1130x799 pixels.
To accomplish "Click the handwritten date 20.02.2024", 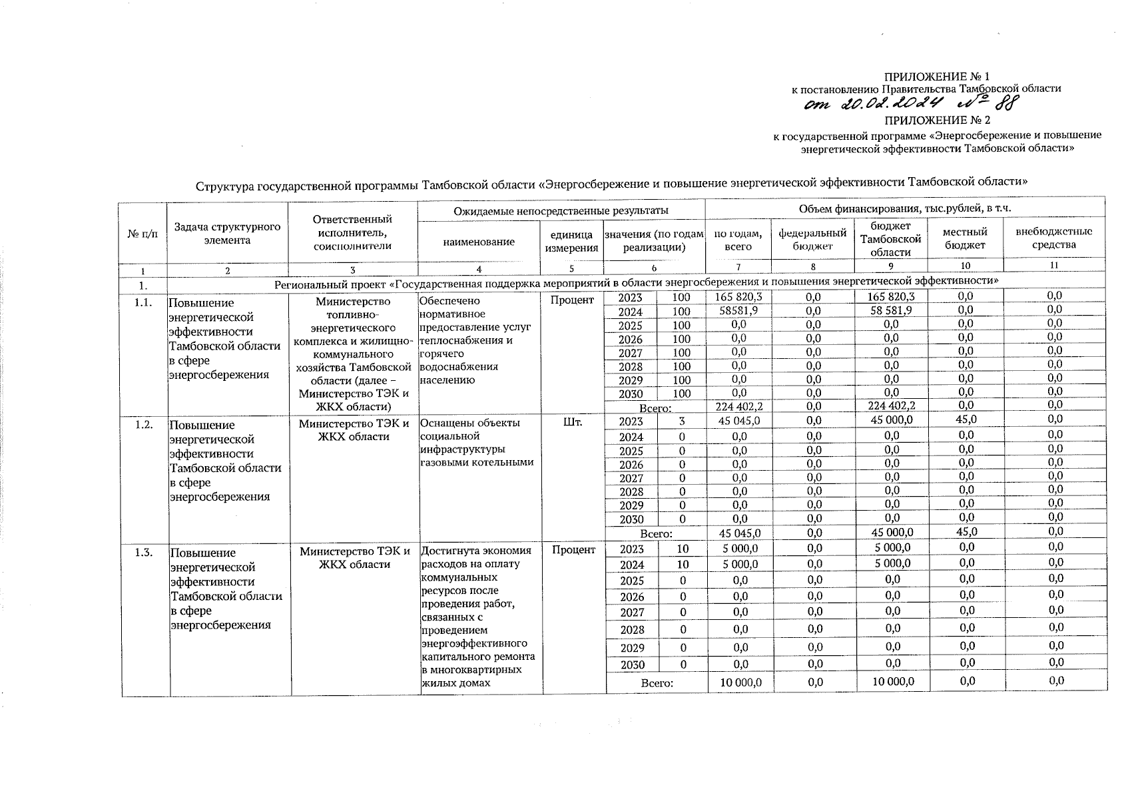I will [x=880, y=103].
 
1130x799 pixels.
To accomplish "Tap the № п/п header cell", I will [x=142, y=234].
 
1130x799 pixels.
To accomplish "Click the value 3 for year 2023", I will [x=681, y=421].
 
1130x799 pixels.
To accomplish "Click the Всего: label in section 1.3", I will [x=657, y=682].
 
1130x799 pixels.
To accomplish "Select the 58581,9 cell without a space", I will [x=738, y=310].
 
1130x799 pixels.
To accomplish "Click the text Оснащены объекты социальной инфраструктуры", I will [x=469, y=436].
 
